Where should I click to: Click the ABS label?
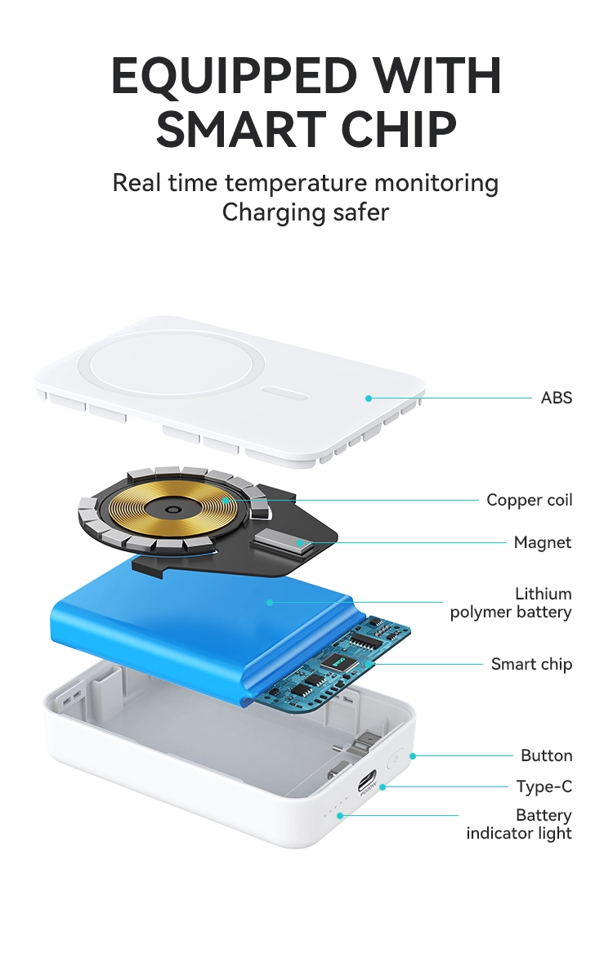(x=556, y=398)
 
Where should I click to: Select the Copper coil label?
(x=529, y=500)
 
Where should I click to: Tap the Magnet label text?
(x=543, y=542)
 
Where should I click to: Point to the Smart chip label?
(x=531, y=664)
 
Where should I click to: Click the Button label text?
(x=547, y=755)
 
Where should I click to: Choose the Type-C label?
(x=544, y=786)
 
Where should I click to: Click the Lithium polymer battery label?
(x=511, y=603)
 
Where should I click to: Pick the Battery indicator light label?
(x=519, y=824)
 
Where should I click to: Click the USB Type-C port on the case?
(x=367, y=782)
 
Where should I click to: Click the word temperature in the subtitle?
(x=296, y=183)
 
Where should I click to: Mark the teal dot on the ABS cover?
(x=369, y=399)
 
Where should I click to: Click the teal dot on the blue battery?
(x=270, y=603)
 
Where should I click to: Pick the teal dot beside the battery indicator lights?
(x=340, y=816)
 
